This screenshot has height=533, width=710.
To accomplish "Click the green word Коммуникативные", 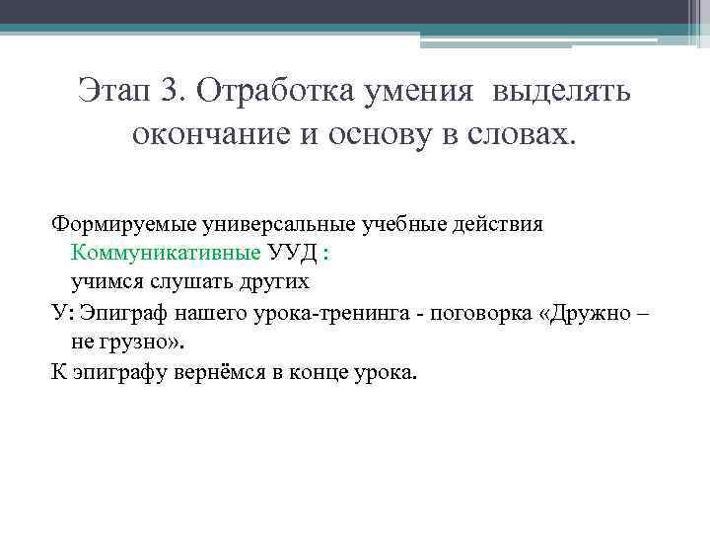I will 165,254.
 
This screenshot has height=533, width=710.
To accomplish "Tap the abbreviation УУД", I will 292,254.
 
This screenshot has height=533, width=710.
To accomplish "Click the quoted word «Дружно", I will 588,313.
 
